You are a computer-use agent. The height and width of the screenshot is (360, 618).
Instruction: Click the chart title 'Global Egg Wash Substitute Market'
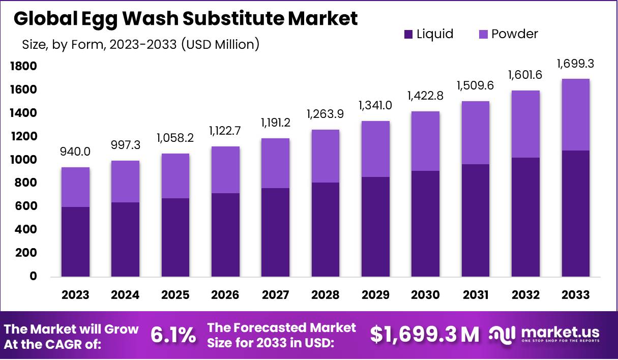pyautogui.click(x=186, y=18)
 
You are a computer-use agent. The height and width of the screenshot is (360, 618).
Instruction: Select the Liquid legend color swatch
pyautogui.click(x=408, y=35)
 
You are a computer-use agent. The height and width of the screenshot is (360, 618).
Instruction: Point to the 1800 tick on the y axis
pyautogui.click(x=23, y=66)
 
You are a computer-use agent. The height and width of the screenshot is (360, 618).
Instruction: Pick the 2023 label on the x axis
pyautogui.click(x=76, y=295)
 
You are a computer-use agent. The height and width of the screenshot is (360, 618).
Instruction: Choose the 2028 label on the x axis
pyautogui.click(x=326, y=295)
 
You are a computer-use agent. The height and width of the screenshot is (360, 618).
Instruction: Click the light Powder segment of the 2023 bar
pyautogui.click(x=76, y=187)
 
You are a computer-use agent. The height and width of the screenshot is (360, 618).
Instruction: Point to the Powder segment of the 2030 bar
pyautogui.click(x=425, y=141)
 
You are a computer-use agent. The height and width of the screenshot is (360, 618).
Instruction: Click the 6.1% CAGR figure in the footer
pyautogui.click(x=173, y=335)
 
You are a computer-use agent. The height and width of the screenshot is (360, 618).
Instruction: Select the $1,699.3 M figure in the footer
pyautogui.click(x=424, y=335)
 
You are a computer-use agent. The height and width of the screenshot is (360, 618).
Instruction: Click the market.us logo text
pyautogui.click(x=560, y=332)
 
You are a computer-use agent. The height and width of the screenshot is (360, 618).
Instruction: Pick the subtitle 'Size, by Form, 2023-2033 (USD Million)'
pyautogui.click(x=141, y=44)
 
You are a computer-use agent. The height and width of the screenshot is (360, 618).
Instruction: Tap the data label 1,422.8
pyautogui.click(x=425, y=96)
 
